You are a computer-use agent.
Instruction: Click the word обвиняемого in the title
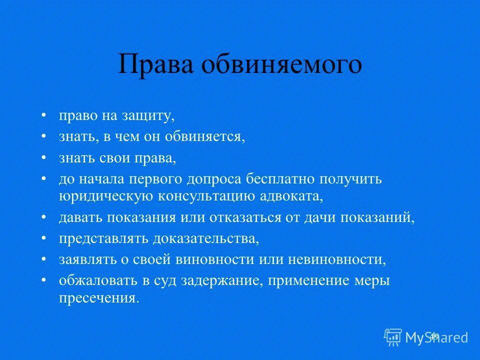coord(282,64)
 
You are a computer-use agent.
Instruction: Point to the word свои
coord(110,158)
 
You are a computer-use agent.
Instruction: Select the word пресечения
coord(98,298)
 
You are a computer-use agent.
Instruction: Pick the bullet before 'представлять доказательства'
coord(44,237)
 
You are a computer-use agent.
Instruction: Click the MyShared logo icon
coord(393,336)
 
